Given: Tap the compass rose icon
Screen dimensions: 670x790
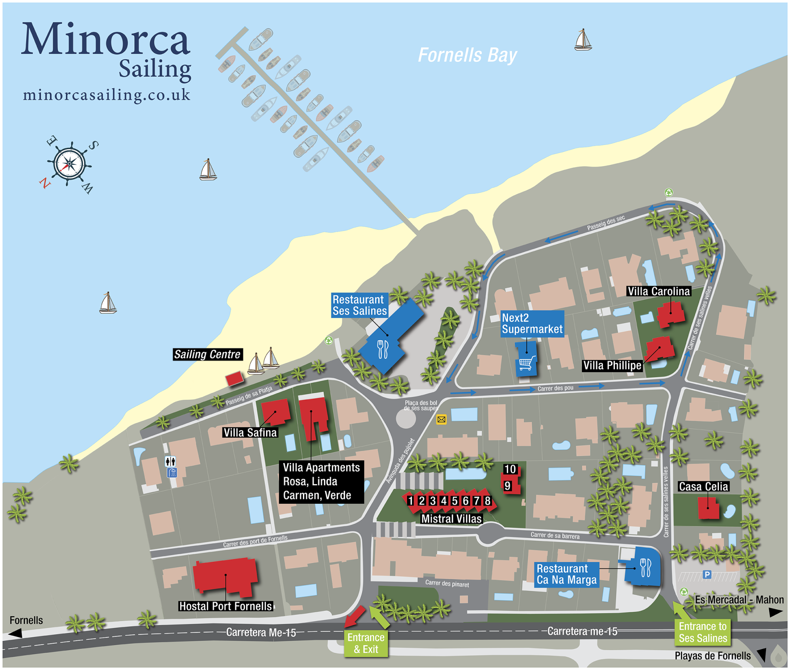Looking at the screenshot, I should tap(69, 164).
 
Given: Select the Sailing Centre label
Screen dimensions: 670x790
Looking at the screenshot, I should tap(207, 354).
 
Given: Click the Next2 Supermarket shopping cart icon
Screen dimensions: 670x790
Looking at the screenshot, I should tap(526, 362).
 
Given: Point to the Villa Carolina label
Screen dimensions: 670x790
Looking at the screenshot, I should tap(658, 291).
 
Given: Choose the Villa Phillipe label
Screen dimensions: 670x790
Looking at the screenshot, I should tap(612, 366).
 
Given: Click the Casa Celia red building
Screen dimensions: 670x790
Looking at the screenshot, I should tap(708, 508).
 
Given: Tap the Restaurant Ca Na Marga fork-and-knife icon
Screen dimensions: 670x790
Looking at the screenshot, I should tap(645, 568).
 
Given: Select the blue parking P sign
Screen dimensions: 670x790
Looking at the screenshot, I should tap(707, 574).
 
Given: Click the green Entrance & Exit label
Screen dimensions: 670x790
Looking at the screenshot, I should tap(366, 643).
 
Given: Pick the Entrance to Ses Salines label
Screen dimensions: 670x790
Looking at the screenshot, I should tap(702, 632).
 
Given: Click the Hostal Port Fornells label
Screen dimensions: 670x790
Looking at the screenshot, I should tap(226, 606).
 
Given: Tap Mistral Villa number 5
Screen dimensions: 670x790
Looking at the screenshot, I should tap(455, 501).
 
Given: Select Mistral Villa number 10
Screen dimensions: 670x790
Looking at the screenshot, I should tap(510, 469).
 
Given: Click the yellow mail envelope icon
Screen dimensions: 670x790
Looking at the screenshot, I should tap(441, 420).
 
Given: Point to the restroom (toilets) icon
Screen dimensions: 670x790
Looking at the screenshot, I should tap(170, 461).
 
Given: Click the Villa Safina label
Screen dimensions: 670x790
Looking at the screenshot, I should tap(250, 433).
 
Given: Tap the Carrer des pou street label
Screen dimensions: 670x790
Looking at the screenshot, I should tap(555, 388).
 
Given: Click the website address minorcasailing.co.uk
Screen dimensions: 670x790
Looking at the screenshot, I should tap(107, 95).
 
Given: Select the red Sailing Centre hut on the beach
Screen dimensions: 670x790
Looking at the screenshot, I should tap(234, 379).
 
